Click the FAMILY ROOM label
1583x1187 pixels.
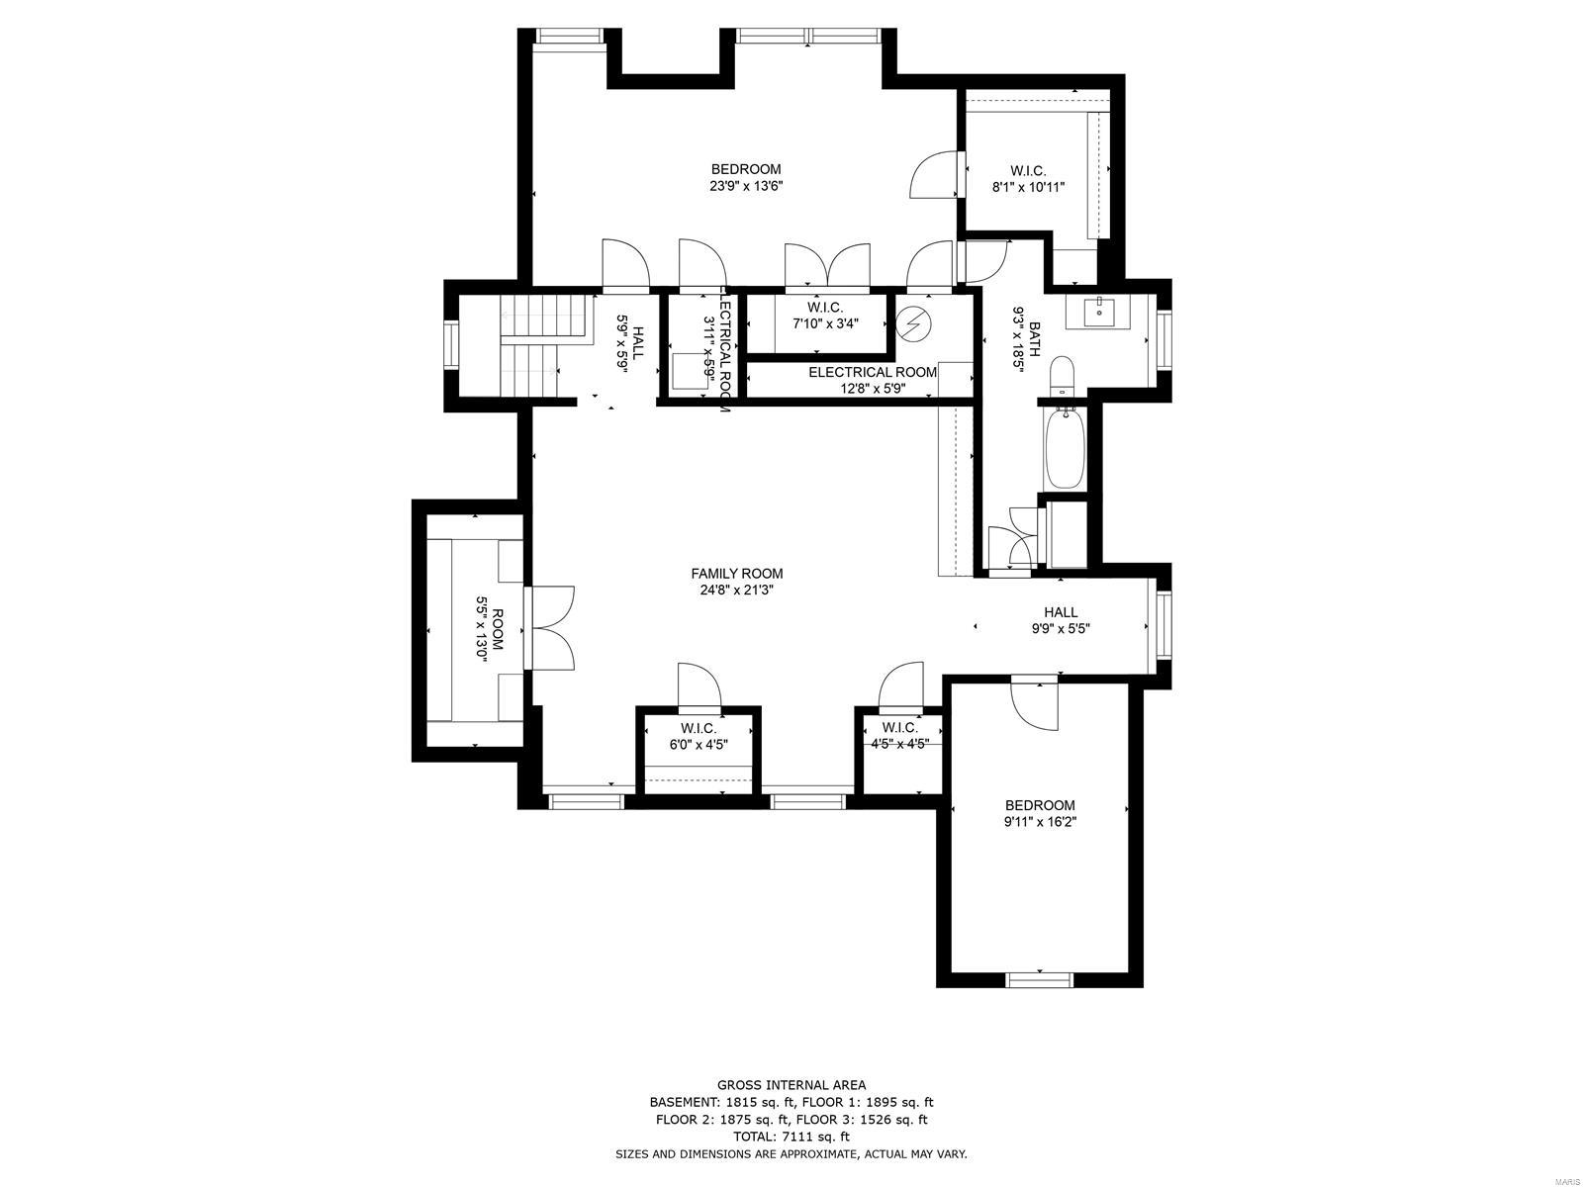point(736,574)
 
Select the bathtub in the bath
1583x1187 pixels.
point(1066,450)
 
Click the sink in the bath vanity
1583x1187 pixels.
point(1099,314)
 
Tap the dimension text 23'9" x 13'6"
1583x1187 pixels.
point(746,186)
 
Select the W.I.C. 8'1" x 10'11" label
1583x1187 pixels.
point(1028,178)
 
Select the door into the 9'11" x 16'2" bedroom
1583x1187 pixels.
point(1035,703)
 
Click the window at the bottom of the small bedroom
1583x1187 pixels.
point(1039,979)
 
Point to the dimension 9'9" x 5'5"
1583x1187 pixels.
point(1061,628)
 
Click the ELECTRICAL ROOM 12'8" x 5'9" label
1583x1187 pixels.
point(872,380)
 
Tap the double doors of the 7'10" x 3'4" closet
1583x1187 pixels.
point(827,266)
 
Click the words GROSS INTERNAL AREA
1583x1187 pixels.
point(791,1085)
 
